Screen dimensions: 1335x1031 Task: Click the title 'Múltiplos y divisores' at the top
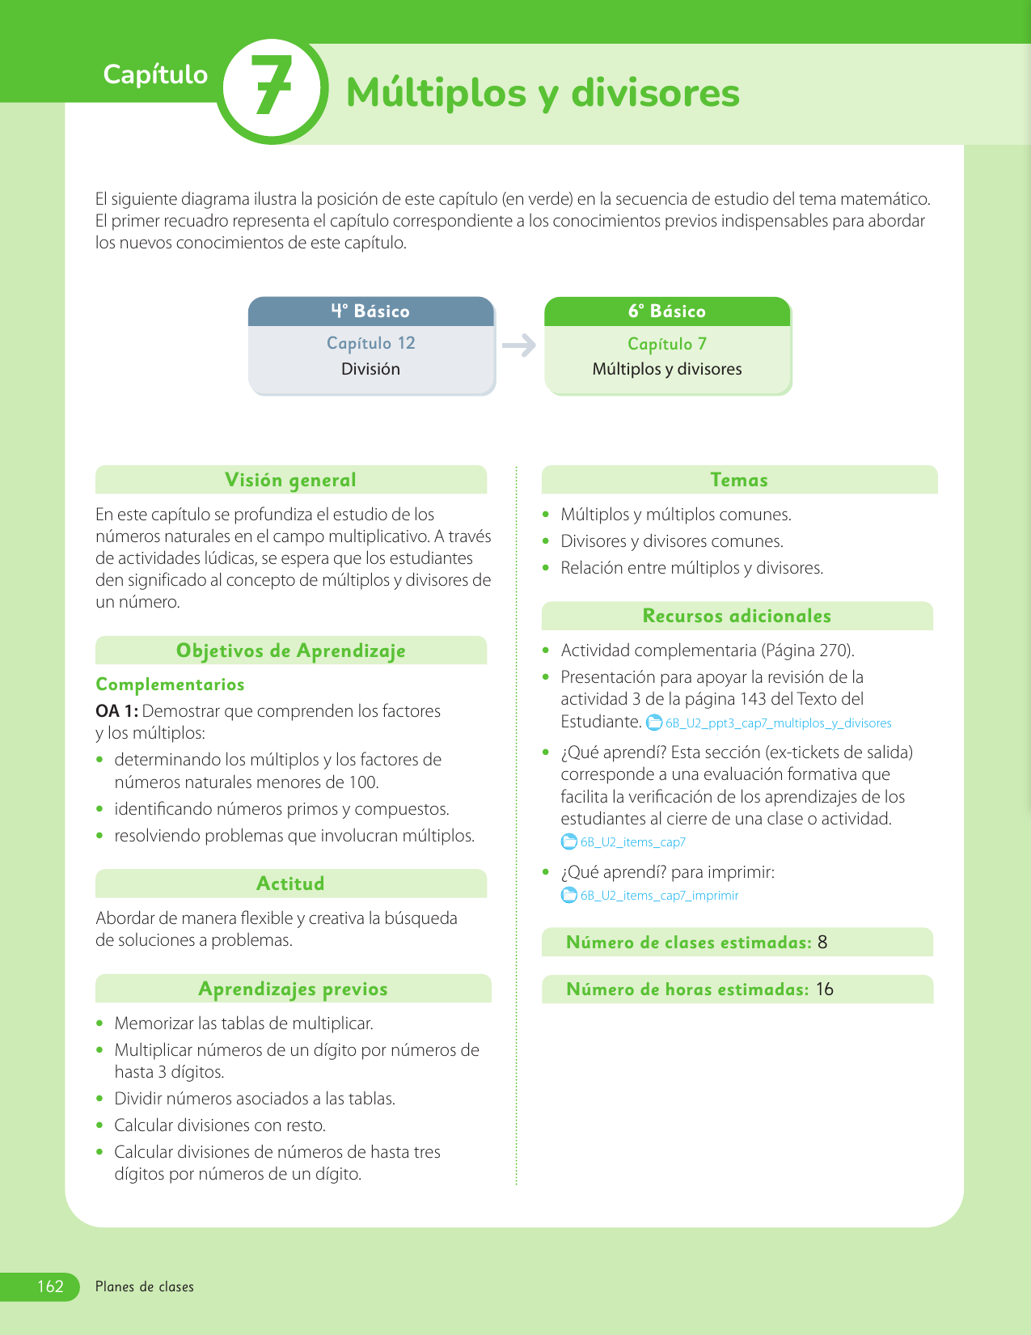click(x=543, y=92)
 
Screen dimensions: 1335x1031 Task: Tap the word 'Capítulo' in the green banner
click(x=155, y=74)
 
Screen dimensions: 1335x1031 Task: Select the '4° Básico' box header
click(x=370, y=311)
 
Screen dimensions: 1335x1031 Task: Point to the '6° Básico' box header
click(x=667, y=311)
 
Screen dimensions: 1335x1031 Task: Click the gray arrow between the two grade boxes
click(x=519, y=345)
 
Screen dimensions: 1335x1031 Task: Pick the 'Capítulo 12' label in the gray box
click(x=371, y=343)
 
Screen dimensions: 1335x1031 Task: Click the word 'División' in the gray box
click(x=370, y=369)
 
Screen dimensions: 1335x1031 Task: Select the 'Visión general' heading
click(x=290, y=480)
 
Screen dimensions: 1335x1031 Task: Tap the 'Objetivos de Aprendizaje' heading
click(x=290, y=651)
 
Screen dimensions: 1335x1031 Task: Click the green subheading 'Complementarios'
click(x=170, y=684)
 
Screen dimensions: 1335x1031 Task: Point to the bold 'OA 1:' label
click(x=116, y=711)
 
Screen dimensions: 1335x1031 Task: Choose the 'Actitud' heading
click(x=290, y=884)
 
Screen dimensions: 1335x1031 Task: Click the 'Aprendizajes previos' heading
click(x=293, y=989)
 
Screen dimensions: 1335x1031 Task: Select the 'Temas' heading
click(x=739, y=480)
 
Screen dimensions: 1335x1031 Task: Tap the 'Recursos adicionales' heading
click(x=737, y=616)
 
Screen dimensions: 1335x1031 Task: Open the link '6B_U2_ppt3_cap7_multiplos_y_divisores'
click(x=778, y=723)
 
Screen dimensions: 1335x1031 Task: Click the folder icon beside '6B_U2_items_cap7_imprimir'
click(x=569, y=896)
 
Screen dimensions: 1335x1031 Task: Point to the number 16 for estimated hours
click(x=824, y=990)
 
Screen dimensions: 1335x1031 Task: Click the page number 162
click(x=50, y=1286)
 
